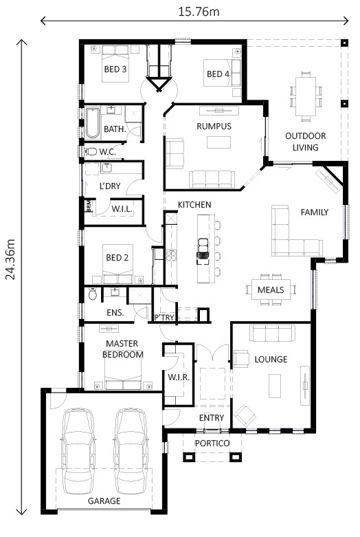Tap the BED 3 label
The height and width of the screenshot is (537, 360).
tap(115, 69)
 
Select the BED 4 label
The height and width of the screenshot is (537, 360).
tap(218, 74)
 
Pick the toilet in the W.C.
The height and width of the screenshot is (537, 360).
tap(90, 151)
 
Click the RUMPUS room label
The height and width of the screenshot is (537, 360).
tap(213, 127)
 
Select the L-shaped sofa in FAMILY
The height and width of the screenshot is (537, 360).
tap(292, 234)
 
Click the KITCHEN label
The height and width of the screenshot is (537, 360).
tap(194, 205)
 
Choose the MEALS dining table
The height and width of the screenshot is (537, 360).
tap(271, 289)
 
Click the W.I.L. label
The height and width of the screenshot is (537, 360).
tap(121, 208)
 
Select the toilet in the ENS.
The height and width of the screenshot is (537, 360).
tap(93, 296)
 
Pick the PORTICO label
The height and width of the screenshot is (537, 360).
tap(212, 443)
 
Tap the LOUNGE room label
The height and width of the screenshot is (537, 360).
tap(270, 360)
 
